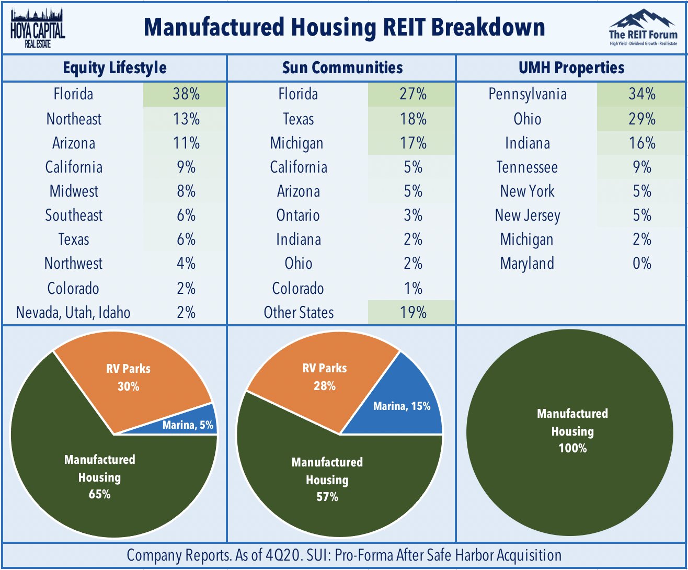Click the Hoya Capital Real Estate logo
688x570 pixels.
point(38,27)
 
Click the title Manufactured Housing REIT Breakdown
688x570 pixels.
point(344,27)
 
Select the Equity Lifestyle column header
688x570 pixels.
point(114,68)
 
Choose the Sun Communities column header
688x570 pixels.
point(342,68)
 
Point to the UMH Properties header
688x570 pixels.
point(572,68)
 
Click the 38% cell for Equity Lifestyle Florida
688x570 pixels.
point(186,95)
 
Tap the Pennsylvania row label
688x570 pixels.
point(527,95)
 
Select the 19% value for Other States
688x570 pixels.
point(412,313)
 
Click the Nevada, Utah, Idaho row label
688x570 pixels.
point(74,313)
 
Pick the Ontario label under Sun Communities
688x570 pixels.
point(298,215)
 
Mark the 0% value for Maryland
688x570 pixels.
point(641,264)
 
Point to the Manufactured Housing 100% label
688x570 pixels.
point(572,431)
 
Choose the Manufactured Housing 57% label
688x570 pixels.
point(327,480)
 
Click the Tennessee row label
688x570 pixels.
point(527,167)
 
